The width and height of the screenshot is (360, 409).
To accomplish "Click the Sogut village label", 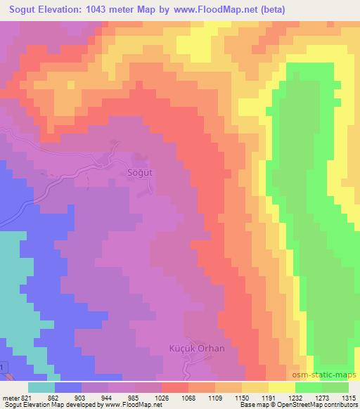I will coord(139,171).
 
